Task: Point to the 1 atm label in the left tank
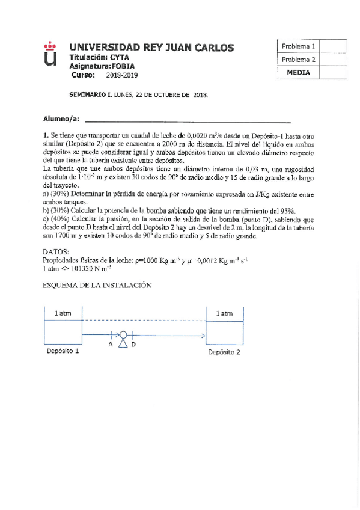point(63,313)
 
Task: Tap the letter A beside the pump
point(110,345)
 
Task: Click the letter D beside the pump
point(133,345)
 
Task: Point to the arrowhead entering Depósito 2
point(204,336)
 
